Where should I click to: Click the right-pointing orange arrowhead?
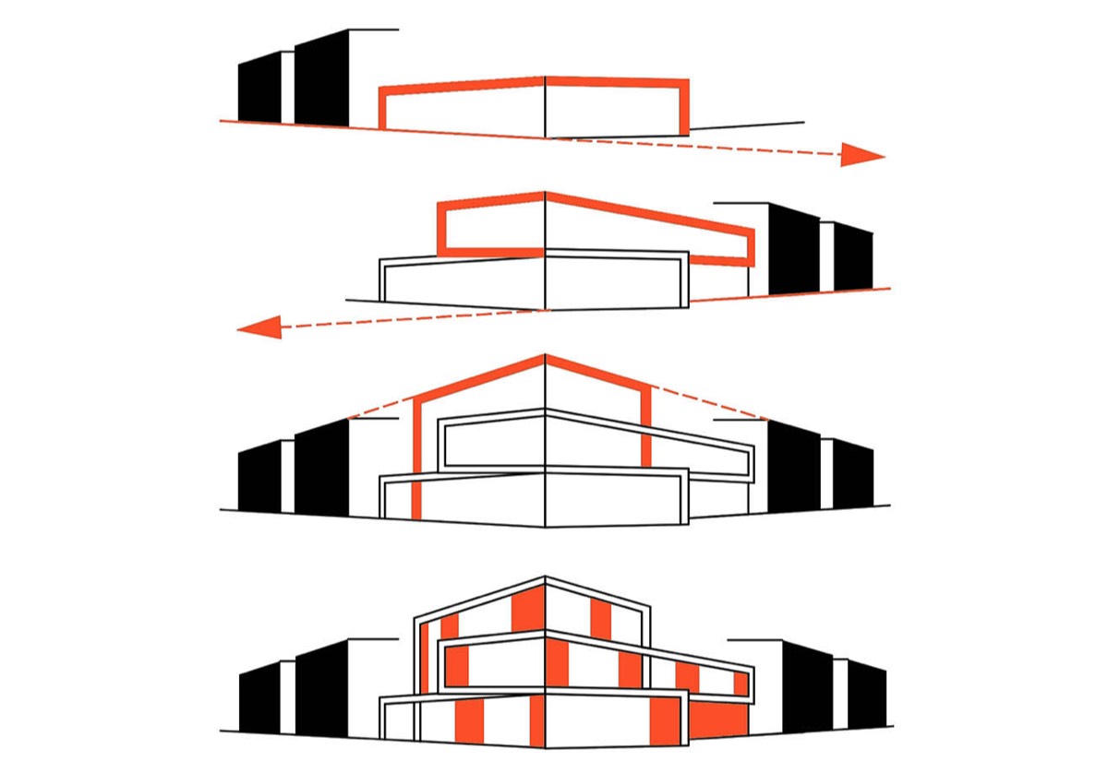click(x=861, y=155)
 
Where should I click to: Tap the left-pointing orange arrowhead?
click(x=260, y=326)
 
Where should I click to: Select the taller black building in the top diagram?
click(x=322, y=81)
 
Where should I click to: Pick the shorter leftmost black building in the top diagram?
click(x=259, y=89)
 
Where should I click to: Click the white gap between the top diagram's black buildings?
click(x=288, y=88)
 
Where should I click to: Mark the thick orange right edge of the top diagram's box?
click(x=684, y=107)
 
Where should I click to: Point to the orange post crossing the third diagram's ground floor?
click(x=416, y=497)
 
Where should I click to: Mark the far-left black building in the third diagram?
click(x=259, y=476)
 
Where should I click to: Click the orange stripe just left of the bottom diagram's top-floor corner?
click(x=525, y=610)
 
